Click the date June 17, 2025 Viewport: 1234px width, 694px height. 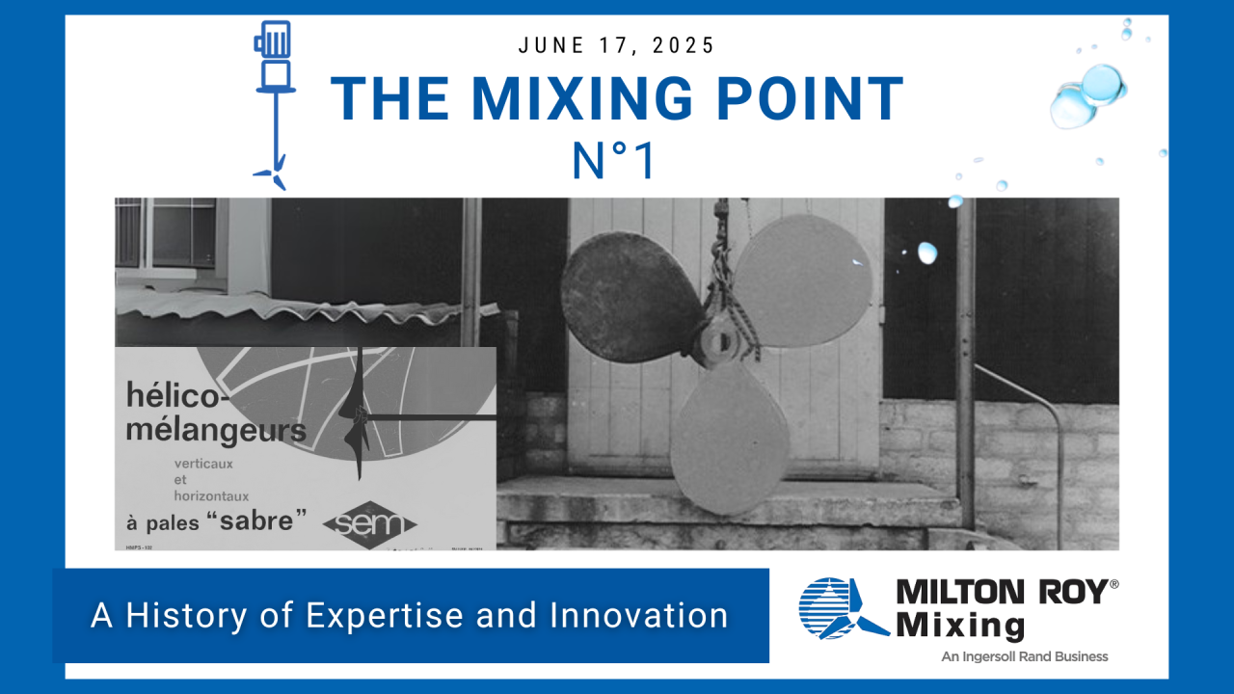617,45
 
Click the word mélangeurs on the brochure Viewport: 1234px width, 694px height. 216,429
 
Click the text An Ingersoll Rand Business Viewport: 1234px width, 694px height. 1024,656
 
